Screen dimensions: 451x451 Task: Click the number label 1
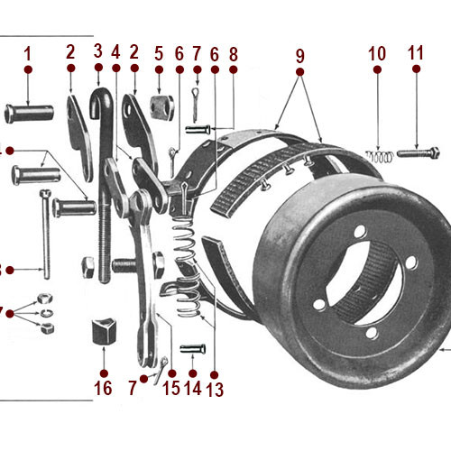point(28,52)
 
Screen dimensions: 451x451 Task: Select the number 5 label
point(159,52)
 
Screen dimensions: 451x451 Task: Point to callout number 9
point(299,54)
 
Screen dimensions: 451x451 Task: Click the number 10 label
point(377,52)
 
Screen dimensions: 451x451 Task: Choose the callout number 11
point(415,52)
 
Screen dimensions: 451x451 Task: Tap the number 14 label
point(193,388)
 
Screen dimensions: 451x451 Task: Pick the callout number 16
point(103,388)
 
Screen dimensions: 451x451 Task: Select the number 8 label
point(233,52)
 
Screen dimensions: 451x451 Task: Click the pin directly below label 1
point(28,113)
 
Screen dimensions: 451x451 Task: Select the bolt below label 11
point(416,152)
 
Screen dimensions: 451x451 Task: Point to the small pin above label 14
point(193,348)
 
